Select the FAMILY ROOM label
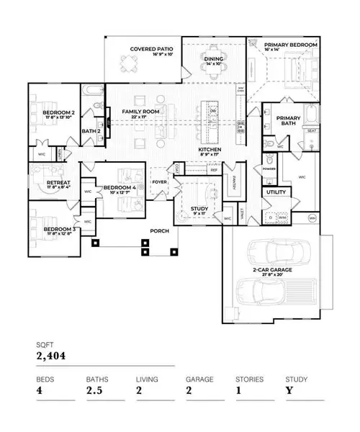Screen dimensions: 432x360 [x=140, y=112]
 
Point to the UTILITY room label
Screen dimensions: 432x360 [x=276, y=192]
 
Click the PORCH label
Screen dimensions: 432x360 [x=159, y=231]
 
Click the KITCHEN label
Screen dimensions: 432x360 [x=210, y=150]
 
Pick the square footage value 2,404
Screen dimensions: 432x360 [x=52, y=354]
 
